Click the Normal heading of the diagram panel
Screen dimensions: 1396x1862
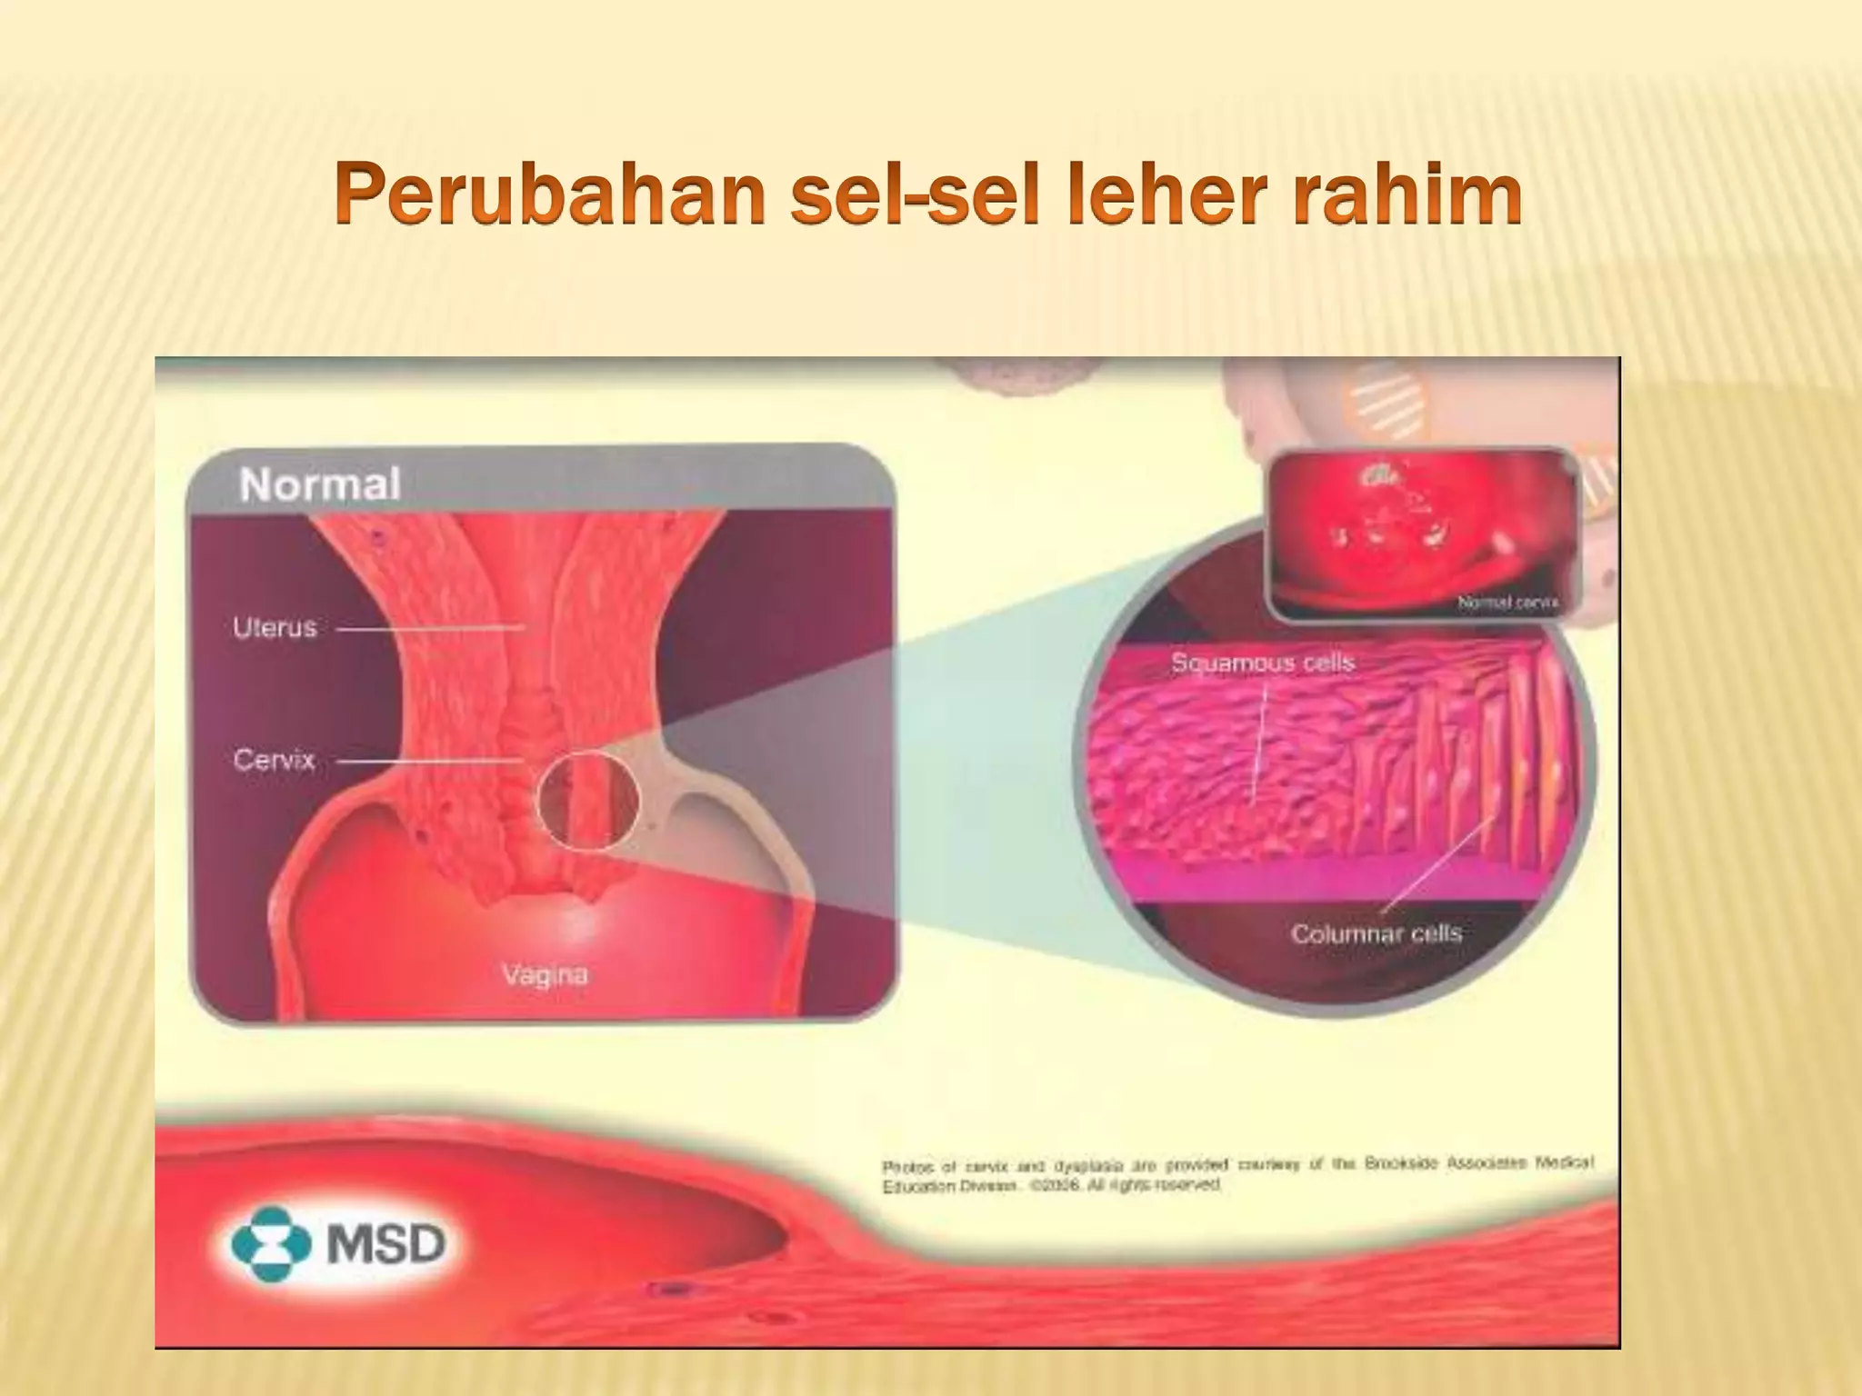tap(320, 484)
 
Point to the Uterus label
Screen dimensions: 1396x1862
tap(275, 627)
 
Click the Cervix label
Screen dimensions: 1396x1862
tap(274, 760)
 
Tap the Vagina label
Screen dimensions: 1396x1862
tap(545, 975)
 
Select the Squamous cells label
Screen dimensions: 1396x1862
tap(1263, 663)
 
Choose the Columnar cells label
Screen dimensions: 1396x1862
tap(1376, 933)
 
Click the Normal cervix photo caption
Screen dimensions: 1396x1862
tap(1507, 602)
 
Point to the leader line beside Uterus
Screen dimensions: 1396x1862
tap(431, 628)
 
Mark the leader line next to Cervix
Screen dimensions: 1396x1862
tap(431, 761)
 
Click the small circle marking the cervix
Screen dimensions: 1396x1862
tap(588, 802)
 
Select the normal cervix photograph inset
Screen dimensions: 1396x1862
tap(1423, 532)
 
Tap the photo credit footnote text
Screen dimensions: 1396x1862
tap(1237, 1174)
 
